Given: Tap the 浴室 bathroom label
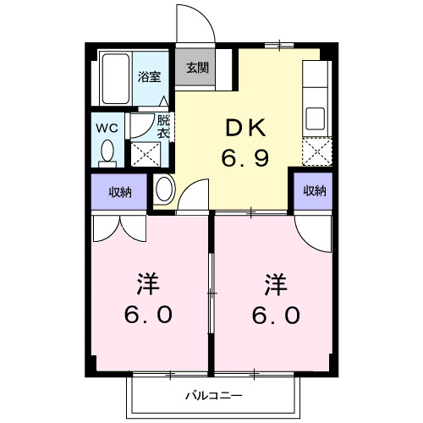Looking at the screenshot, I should (150, 74).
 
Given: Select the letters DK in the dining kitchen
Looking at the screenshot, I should (245, 129).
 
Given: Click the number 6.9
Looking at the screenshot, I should (245, 157).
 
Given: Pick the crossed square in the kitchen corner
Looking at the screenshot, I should (316, 151).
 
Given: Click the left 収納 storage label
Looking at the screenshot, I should (120, 192).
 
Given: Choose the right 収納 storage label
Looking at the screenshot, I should (314, 191).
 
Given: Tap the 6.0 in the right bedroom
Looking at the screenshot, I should (276, 314).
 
